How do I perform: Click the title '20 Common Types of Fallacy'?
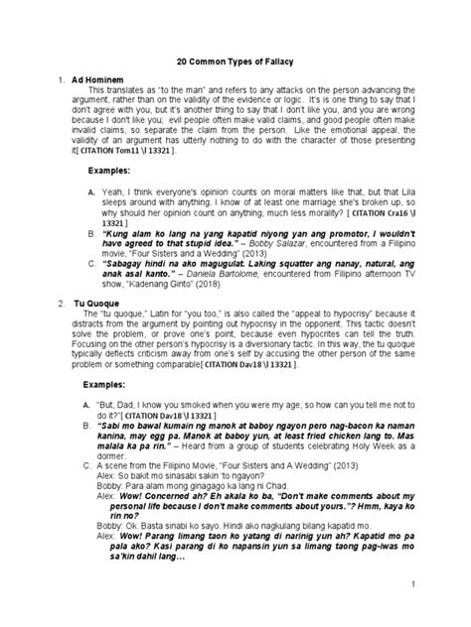tap(235, 59)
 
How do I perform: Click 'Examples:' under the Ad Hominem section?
tap(111, 171)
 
